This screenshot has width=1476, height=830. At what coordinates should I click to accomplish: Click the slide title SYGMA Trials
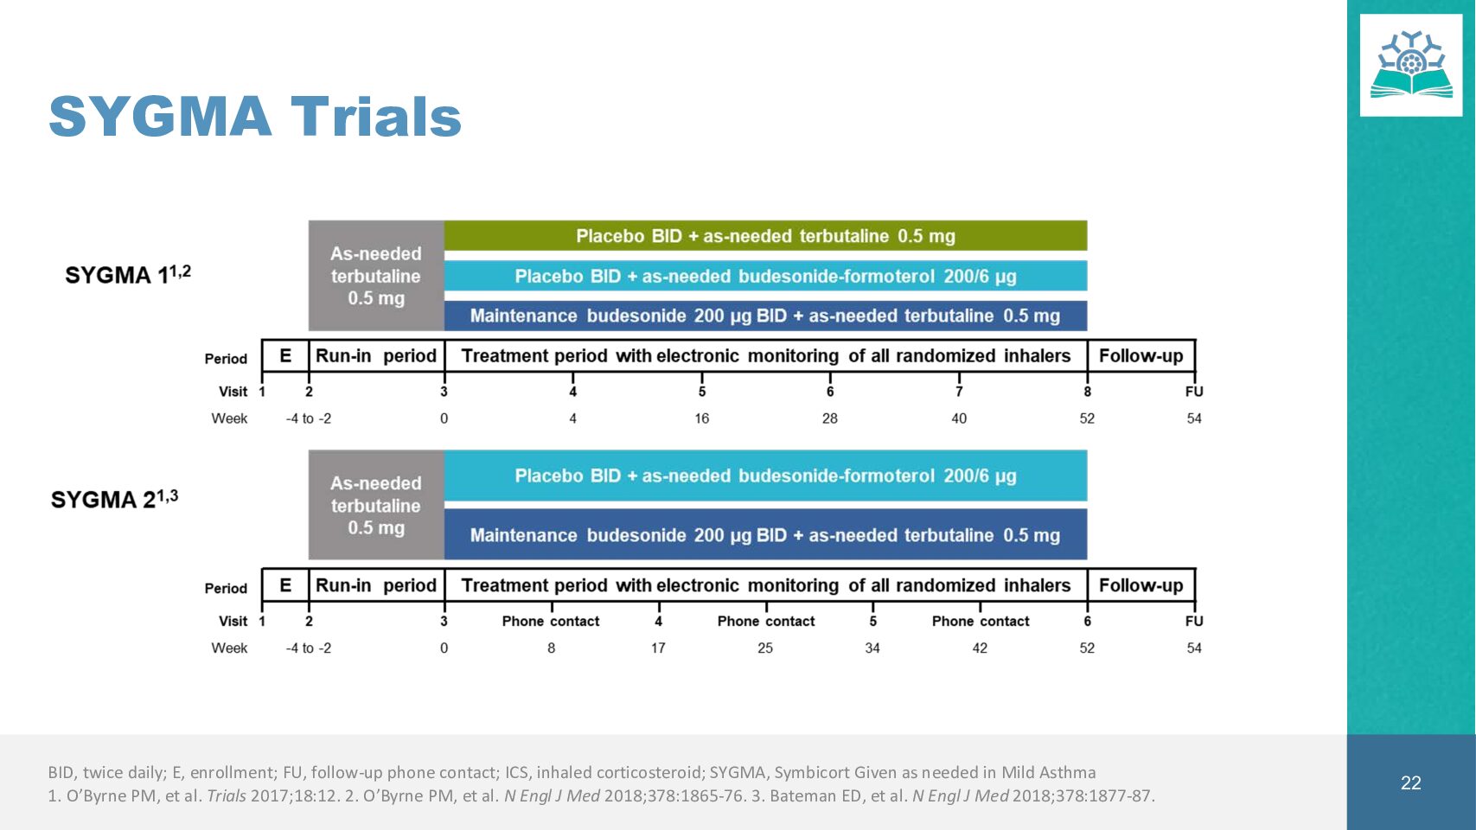click(255, 117)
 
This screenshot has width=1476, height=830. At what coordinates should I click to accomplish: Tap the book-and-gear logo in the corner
click(1411, 65)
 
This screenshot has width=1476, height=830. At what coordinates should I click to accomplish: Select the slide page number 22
click(1411, 782)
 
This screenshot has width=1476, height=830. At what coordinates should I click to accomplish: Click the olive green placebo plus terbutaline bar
click(765, 236)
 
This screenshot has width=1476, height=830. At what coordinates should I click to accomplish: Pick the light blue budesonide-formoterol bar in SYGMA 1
click(765, 276)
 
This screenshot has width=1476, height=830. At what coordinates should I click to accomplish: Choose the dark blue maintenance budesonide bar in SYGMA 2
click(765, 534)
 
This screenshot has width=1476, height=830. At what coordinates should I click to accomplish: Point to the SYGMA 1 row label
click(128, 273)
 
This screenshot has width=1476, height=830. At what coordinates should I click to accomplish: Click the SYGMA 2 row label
click(114, 499)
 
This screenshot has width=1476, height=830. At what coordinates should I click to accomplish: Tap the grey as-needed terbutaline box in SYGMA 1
click(376, 275)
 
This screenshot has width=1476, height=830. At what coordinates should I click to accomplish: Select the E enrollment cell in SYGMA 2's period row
click(285, 585)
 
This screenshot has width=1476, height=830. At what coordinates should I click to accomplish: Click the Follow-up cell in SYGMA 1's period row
click(1141, 355)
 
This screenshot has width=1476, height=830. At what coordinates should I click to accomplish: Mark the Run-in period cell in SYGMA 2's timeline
click(376, 585)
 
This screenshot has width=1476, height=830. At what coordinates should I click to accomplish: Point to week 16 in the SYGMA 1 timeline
click(702, 418)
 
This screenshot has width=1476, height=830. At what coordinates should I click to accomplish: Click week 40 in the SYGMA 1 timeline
click(959, 418)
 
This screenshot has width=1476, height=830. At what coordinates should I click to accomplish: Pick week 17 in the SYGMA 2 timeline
click(658, 648)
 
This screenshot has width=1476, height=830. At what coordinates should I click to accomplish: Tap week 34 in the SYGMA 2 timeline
click(872, 648)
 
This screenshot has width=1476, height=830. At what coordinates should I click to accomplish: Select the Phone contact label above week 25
click(766, 621)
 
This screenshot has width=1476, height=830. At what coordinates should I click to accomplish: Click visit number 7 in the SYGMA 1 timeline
click(959, 392)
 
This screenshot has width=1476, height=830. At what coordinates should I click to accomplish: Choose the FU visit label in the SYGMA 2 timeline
click(1194, 621)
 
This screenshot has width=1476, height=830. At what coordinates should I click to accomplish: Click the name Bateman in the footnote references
click(796, 795)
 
